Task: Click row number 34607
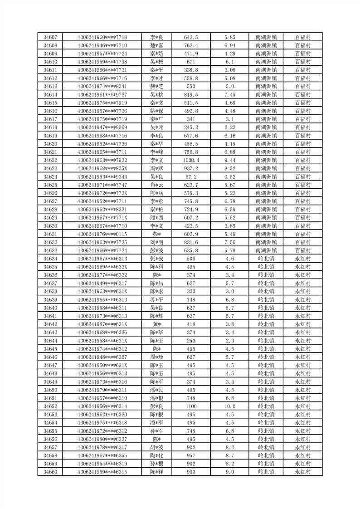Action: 50,37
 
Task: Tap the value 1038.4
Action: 191,160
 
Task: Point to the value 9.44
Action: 229,160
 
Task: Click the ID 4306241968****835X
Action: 102,168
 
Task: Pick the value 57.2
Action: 191,176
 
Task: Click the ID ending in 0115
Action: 102,234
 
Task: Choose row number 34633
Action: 50,250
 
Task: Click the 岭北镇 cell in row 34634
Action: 266,259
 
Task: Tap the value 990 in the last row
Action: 191,472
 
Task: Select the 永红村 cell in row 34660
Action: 303,472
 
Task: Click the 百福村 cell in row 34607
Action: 303,37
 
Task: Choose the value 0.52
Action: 229,176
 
